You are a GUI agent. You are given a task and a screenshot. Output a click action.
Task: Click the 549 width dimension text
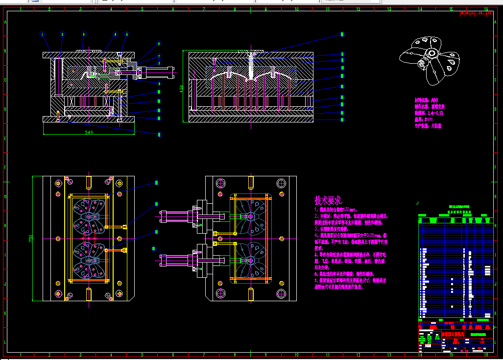[x=89, y=132]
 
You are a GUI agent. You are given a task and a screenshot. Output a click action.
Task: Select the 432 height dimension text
[x=181, y=88]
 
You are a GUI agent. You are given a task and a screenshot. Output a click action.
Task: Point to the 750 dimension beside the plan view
[x=31, y=239]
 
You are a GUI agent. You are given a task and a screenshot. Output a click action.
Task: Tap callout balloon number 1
[x=43, y=34]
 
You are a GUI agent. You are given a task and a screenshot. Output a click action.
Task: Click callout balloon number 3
[x=84, y=34]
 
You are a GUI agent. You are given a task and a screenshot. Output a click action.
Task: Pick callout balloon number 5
[x=126, y=34]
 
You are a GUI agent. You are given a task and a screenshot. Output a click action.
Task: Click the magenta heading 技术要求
[x=328, y=200]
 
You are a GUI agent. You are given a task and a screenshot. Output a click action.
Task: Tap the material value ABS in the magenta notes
[x=434, y=100]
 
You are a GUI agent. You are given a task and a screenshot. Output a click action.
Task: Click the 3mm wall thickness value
[x=429, y=119]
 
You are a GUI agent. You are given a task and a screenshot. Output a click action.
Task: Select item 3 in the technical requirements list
[x=333, y=229]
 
